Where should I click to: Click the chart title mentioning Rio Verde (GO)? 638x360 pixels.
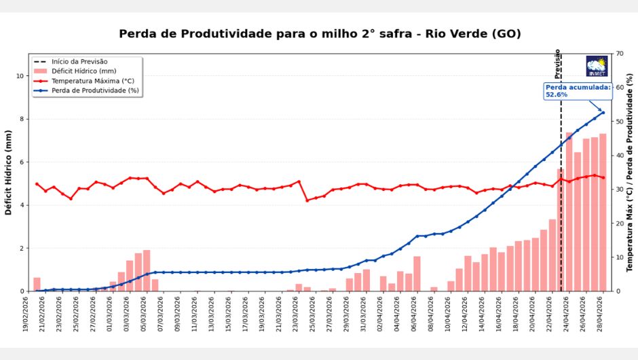[320, 34]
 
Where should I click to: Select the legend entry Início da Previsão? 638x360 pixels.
[79, 62]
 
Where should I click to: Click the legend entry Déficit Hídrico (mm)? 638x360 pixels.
[83, 71]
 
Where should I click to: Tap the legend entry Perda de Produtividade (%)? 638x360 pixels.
[94, 90]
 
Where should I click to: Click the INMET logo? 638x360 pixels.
[597, 66]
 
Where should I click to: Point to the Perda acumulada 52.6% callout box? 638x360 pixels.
[578, 91]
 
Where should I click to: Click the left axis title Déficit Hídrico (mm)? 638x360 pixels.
[9, 173]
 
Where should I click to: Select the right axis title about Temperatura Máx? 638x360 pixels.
[629, 173]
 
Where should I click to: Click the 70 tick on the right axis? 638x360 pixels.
[620, 54]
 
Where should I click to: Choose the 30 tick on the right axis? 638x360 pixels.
[620, 190]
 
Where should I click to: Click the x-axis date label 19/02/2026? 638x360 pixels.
[27, 317]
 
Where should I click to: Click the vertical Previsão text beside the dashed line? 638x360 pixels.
[558, 64]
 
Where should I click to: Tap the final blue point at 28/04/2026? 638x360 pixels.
[603, 112]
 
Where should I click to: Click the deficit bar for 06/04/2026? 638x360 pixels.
[417, 274]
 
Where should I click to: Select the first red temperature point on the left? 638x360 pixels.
[37, 184]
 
